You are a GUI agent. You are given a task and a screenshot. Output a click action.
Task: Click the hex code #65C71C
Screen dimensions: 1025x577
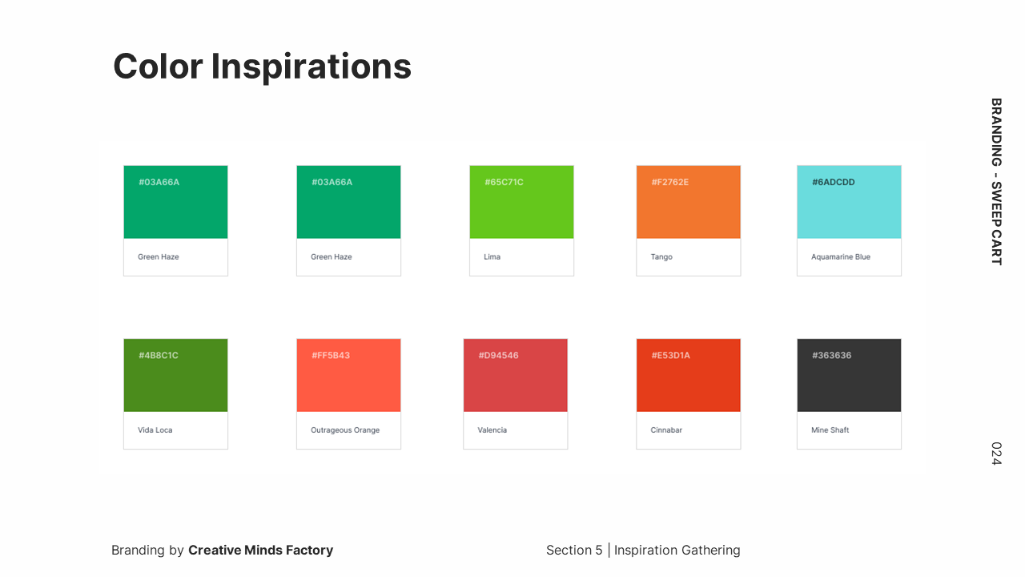click(504, 182)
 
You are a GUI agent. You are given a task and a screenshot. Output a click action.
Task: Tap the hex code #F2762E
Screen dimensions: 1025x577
click(670, 182)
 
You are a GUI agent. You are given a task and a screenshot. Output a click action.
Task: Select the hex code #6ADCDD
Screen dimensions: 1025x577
click(834, 182)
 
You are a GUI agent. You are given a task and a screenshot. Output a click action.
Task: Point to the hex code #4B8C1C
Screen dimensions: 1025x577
click(159, 355)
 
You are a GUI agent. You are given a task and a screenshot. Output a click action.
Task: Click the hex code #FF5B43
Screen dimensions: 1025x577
click(331, 355)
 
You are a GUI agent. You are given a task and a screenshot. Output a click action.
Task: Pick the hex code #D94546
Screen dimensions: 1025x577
click(498, 355)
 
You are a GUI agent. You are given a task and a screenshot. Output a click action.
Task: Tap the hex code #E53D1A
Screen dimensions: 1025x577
click(671, 355)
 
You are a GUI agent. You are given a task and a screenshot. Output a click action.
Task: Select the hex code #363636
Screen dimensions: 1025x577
click(831, 355)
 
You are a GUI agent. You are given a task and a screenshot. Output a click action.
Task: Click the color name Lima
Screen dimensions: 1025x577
click(492, 257)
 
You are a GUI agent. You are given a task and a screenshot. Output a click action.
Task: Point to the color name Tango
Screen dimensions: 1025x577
click(661, 257)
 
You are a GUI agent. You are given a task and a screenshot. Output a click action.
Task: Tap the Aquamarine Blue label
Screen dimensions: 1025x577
click(841, 257)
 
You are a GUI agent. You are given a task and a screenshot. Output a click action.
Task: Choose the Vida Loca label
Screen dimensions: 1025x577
click(155, 430)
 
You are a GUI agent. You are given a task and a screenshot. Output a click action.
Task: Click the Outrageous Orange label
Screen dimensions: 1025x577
click(345, 430)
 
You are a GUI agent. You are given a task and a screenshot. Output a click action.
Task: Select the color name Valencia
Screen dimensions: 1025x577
click(492, 430)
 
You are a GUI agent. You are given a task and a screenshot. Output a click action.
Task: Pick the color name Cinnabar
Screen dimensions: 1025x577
click(666, 430)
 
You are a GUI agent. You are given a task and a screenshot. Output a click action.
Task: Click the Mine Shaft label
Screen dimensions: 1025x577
click(830, 430)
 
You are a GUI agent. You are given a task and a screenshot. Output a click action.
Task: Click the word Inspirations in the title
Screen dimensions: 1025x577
click(312, 67)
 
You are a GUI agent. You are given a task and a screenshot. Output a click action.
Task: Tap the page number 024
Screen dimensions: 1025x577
click(997, 454)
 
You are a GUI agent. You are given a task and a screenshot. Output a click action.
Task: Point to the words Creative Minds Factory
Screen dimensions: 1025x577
click(261, 550)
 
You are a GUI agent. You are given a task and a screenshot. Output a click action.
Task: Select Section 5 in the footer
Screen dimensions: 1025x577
click(574, 550)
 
